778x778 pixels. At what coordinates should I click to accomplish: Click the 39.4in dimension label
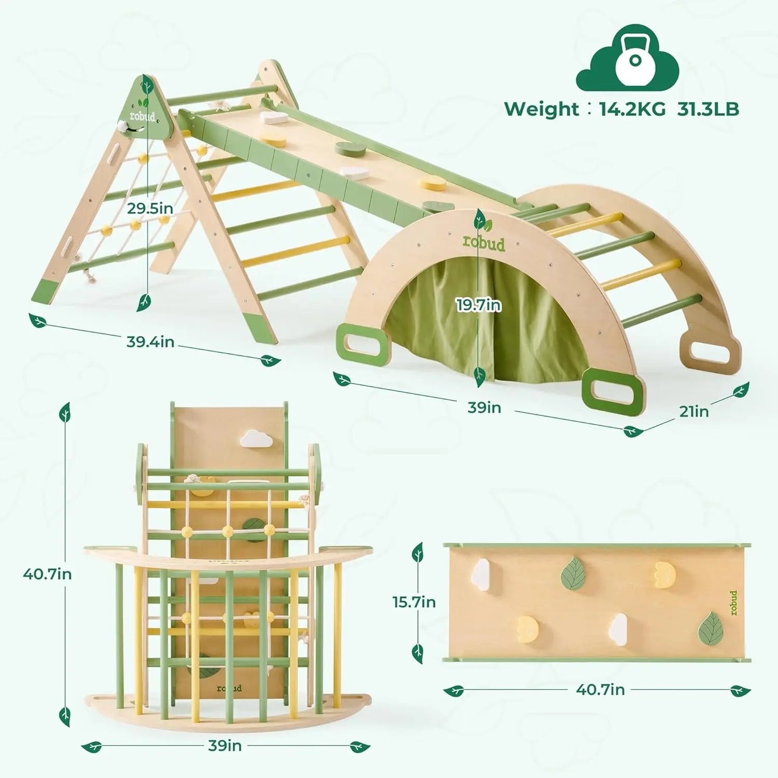point(150,341)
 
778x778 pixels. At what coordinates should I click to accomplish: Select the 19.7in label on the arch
point(479,305)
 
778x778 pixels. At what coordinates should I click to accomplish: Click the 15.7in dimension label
point(413,602)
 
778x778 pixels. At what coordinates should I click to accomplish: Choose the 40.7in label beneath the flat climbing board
point(600,690)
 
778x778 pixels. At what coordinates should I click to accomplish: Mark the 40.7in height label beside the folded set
point(47,574)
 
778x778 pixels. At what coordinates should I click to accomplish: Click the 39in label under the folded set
point(225,746)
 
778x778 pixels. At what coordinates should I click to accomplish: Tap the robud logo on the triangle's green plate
point(142,116)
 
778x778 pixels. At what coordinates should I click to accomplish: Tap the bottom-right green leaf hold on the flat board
point(711,629)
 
